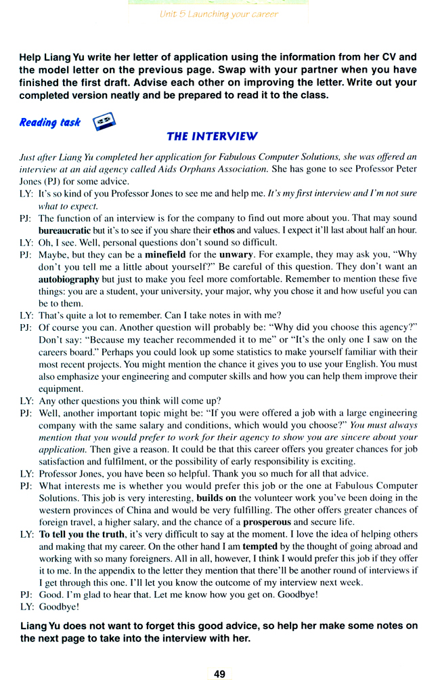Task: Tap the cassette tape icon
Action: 103,121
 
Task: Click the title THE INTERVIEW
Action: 212,136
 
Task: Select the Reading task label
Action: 49,123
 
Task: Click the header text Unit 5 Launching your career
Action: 219,14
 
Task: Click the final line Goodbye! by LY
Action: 59,607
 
